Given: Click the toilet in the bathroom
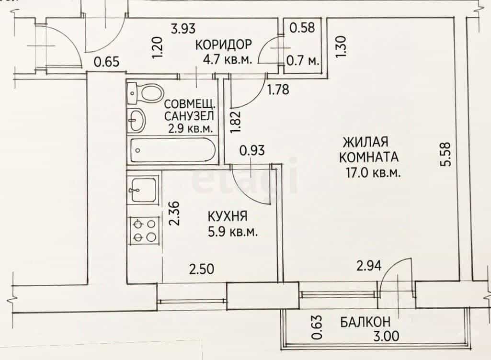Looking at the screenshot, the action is [146, 93].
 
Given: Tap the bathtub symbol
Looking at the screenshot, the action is [173, 150].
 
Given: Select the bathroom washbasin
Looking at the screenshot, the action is [137, 120].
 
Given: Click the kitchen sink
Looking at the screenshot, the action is [143, 190].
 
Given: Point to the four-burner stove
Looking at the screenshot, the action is [143, 230].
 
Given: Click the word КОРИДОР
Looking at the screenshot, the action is [223, 45].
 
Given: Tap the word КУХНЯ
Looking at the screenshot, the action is [228, 216].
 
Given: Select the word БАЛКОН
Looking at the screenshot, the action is [365, 322].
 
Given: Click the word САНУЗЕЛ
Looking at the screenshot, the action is [189, 116].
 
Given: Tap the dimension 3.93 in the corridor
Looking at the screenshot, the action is [183, 29].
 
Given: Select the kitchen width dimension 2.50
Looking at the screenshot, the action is [202, 269].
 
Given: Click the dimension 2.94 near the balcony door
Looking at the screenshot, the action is [369, 266].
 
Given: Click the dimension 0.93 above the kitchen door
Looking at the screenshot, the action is [252, 151].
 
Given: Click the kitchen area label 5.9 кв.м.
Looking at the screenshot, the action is [233, 232].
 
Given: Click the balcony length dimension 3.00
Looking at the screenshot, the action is [387, 336].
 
